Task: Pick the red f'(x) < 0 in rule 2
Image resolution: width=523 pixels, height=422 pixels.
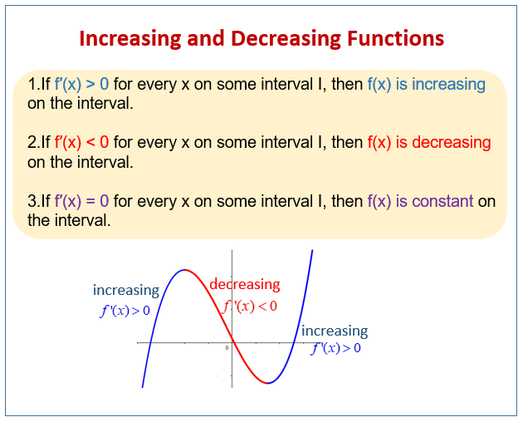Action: point(82,143)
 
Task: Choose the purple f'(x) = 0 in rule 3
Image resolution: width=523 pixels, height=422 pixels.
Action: point(82,201)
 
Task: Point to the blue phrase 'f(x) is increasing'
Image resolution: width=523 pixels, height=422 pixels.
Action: point(426,85)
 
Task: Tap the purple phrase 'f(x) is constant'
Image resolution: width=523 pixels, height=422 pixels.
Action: point(420,201)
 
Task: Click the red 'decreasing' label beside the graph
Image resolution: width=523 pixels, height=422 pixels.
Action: point(244,285)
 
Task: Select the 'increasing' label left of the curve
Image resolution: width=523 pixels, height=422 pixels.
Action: point(125,291)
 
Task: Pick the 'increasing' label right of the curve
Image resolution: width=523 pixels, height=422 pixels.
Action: point(334,331)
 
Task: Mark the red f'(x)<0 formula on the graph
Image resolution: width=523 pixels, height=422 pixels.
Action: point(249,306)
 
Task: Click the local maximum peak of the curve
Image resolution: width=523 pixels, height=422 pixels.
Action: point(186,270)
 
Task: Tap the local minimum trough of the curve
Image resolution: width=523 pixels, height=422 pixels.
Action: point(267,383)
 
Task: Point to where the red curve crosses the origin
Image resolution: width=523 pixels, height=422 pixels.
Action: point(232,342)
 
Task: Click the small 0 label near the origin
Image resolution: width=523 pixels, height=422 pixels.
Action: point(227,347)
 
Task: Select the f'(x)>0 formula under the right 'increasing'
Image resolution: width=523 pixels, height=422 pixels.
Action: point(335,348)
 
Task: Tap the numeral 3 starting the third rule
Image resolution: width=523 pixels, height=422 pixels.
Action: point(32,201)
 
